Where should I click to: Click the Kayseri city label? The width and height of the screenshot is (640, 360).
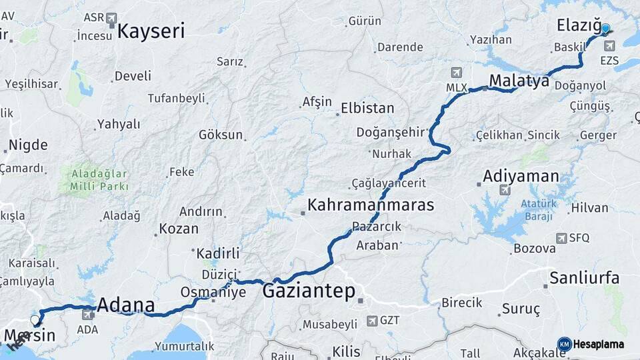pyautogui.click(x=151, y=31)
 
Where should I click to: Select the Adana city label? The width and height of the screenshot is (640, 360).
pyautogui.click(x=126, y=306)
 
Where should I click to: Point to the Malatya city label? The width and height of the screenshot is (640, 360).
pyautogui.click(x=519, y=81)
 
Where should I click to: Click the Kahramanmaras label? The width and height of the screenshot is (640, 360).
pyautogui.click(x=371, y=205)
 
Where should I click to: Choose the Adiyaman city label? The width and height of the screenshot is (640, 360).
pyautogui.click(x=521, y=177)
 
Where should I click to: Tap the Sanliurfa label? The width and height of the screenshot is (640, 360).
pyautogui.click(x=584, y=278)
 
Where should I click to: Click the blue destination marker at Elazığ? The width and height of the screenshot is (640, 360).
pyautogui.click(x=605, y=29)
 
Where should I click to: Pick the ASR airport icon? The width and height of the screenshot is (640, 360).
pyautogui.click(x=111, y=18)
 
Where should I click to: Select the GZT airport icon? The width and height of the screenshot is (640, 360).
pyautogui.click(x=371, y=321)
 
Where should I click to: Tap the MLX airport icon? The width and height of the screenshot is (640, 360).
pyautogui.click(x=456, y=73)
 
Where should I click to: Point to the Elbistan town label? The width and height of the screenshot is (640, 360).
pyautogui.click(x=367, y=108)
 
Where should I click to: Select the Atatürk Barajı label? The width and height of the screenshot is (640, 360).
pyautogui.click(x=539, y=210)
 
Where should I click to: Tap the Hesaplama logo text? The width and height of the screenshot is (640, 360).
pyautogui.click(x=599, y=345)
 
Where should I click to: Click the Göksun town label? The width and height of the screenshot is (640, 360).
pyautogui.click(x=221, y=135)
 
